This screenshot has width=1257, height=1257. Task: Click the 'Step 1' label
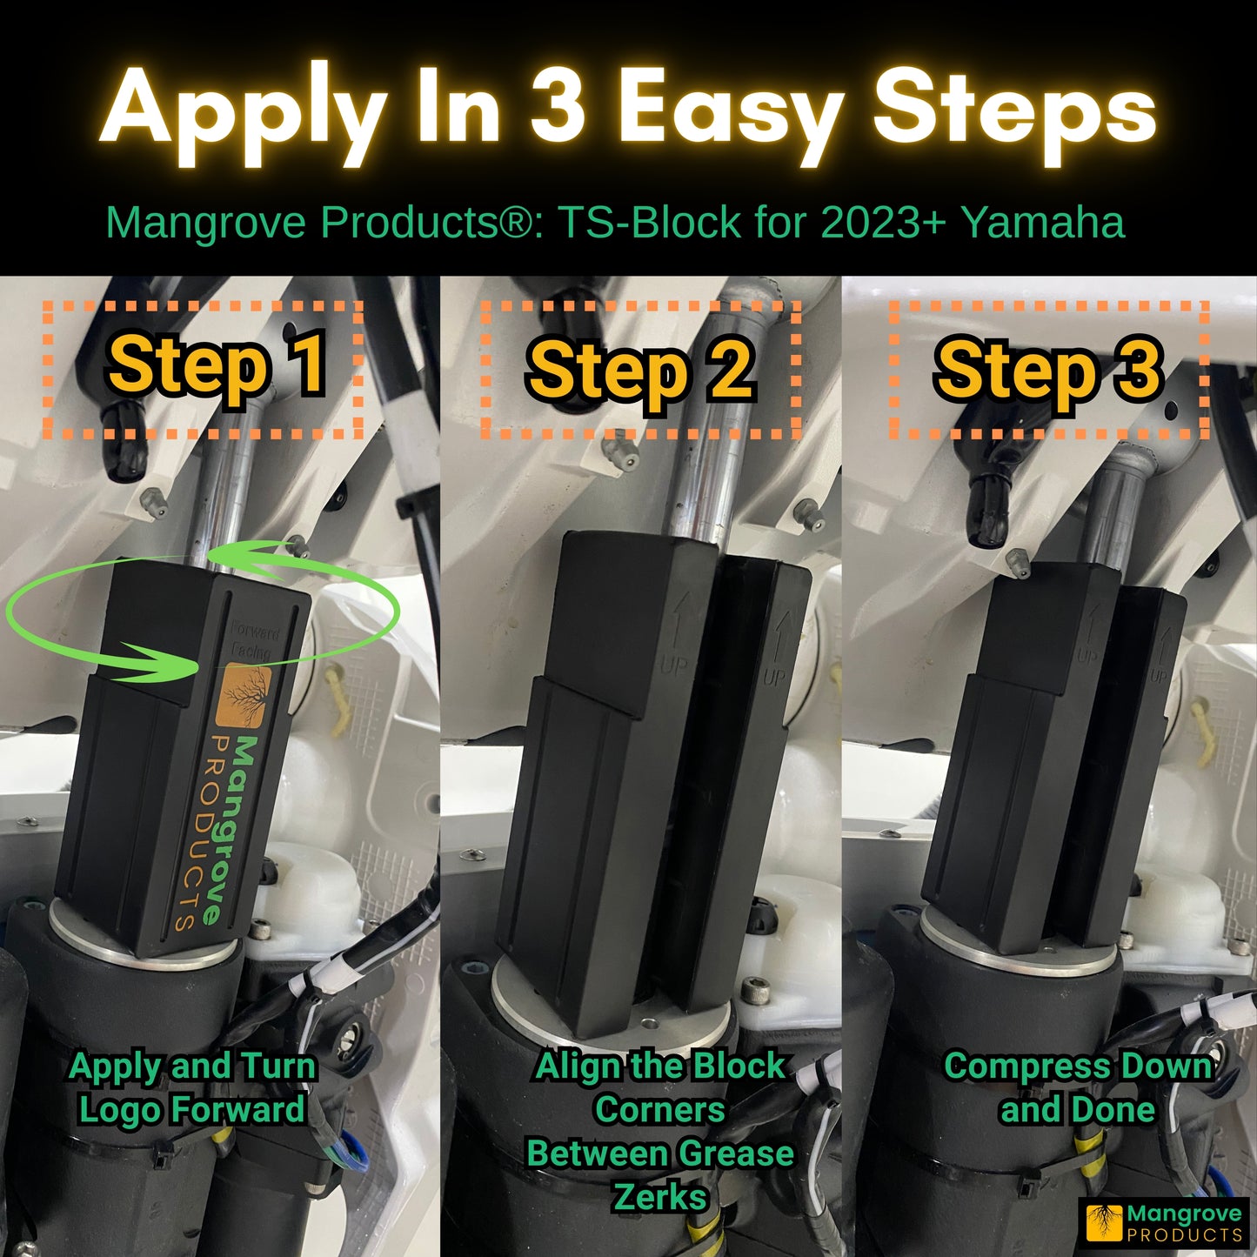[217, 365]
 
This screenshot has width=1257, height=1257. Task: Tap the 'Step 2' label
[640, 371]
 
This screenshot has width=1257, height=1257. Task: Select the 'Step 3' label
[1048, 370]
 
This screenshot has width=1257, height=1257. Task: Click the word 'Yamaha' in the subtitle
[1044, 223]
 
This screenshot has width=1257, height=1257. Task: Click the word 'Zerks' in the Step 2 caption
[660, 1198]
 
